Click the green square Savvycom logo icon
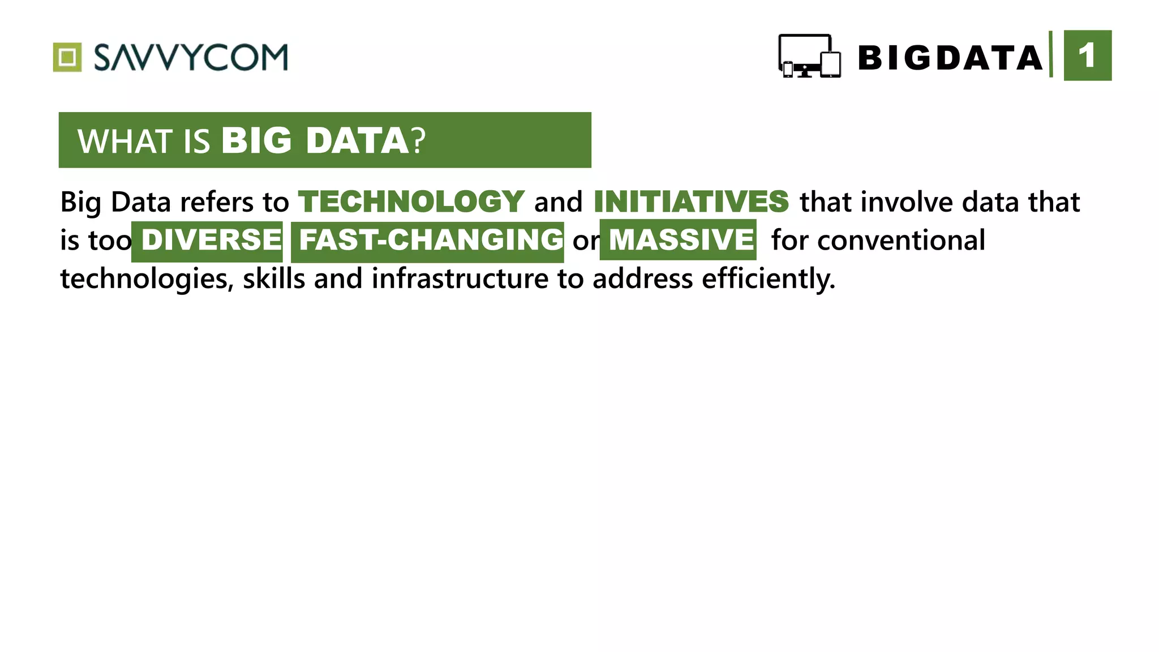coord(67,57)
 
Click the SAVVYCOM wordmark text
coord(191,57)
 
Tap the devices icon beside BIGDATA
coord(809,56)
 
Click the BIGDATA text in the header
coord(950,58)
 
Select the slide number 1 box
coord(1087,55)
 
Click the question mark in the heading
coord(418,141)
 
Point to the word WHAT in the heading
coord(125,141)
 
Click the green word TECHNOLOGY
coord(411,201)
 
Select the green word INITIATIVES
coord(691,201)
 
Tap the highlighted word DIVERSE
coord(211,240)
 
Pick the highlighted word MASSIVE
coord(681,240)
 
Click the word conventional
coord(901,240)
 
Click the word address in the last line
coord(642,278)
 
